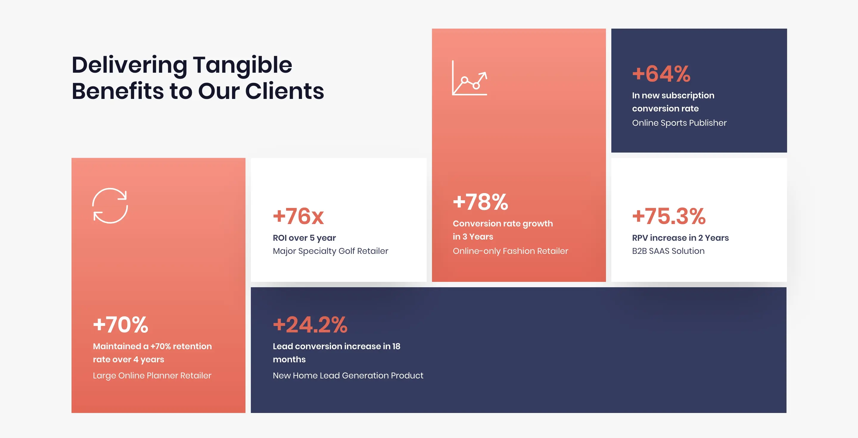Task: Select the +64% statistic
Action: click(661, 74)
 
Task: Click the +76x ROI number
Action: click(298, 216)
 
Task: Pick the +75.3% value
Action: click(669, 216)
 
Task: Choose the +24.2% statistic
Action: click(310, 324)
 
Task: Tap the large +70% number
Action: click(120, 324)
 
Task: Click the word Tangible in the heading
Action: click(243, 65)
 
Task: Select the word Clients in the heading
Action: click(285, 91)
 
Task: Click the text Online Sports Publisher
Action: click(679, 123)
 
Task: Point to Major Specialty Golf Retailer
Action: click(330, 251)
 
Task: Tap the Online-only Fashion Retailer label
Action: click(510, 251)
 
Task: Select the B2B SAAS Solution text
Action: click(668, 251)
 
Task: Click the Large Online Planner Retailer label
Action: click(152, 376)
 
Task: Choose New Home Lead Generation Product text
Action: click(348, 376)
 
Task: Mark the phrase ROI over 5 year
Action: click(304, 238)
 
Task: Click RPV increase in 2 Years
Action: click(680, 238)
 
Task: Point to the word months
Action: click(289, 359)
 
